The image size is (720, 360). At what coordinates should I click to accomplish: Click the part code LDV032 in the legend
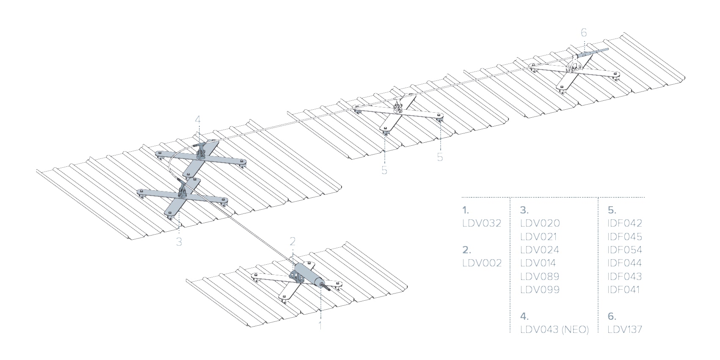[482, 223]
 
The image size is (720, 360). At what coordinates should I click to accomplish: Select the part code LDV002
[482, 263]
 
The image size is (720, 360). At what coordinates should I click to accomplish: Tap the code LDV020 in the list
[540, 223]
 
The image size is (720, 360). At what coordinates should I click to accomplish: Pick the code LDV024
[540, 250]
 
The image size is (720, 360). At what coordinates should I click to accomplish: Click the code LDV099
[540, 290]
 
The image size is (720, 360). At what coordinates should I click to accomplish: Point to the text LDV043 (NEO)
[554, 330]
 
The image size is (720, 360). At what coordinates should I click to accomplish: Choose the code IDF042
[625, 223]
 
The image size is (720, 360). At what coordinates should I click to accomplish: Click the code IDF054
[625, 250]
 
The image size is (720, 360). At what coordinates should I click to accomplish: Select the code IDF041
[624, 290]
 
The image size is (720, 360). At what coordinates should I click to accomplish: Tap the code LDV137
[625, 330]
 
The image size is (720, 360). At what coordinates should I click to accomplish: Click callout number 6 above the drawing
[584, 33]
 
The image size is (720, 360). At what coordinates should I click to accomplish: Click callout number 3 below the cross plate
[179, 242]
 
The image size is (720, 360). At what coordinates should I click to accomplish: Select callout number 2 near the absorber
[292, 241]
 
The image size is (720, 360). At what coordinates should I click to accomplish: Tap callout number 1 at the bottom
[320, 326]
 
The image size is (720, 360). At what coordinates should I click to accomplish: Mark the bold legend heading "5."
[612, 210]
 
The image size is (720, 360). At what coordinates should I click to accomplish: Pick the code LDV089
[540, 277]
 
